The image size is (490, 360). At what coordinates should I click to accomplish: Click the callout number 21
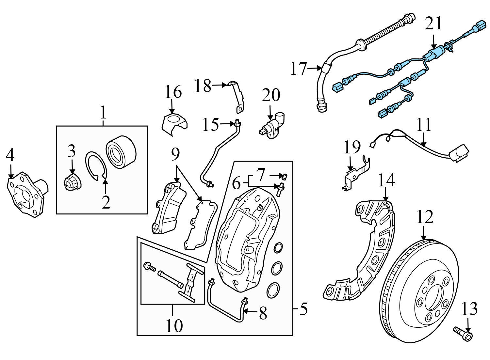pyautogui.click(x=433, y=24)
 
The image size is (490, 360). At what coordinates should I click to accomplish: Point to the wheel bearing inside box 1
pyautogui.click(x=121, y=150)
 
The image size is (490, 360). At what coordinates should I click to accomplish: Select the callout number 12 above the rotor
pyautogui.click(x=425, y=217)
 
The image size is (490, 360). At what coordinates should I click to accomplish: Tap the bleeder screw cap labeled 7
pyautogui.click(x=284, y=177)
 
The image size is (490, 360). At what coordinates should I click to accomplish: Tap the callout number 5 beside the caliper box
pyautogui.click(x=303, y=309)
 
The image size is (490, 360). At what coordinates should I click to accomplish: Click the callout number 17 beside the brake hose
pyautogui.click(x=299, y=69)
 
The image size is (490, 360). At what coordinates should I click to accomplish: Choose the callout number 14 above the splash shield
pyautogui.click(x=386, y=180)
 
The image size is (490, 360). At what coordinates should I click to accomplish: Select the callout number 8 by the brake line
pyautogui.click(x=263, y=314)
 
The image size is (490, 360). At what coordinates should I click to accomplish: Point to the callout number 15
pyautogui.click(x=210, y=124)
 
